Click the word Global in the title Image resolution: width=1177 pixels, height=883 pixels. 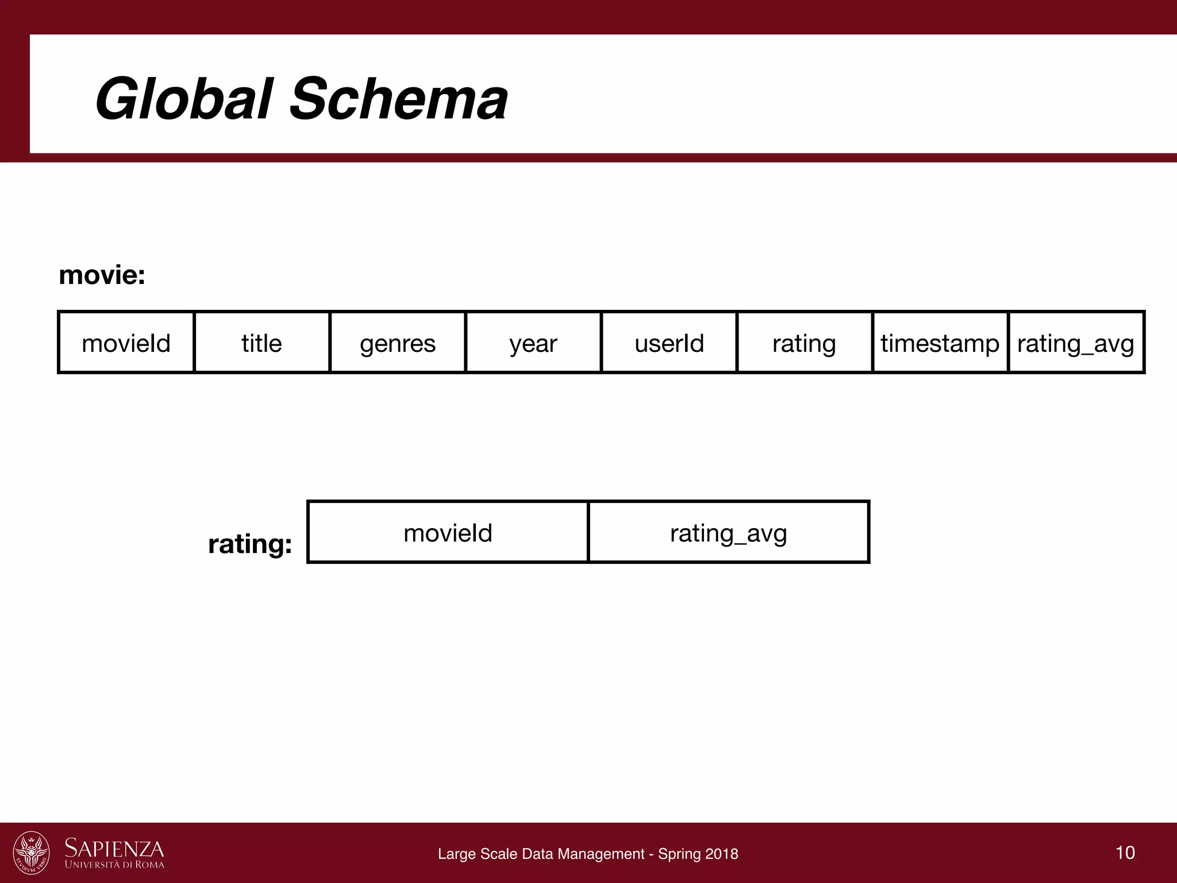click(182, 99)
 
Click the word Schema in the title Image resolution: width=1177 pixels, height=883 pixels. click(399, 99)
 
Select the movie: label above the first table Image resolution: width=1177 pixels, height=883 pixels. click(102, 275)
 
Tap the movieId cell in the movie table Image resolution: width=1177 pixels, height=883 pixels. click(126, 343)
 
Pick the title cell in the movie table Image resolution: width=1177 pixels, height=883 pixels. click(262, 343)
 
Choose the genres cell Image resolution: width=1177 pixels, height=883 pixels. click(398, 343)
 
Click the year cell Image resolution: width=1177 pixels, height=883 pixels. click(533, 343)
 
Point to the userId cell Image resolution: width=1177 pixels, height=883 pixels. click(669, 343)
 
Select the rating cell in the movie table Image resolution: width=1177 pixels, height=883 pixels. click(804, 343)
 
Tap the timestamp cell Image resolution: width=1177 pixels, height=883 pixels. click(940, 343)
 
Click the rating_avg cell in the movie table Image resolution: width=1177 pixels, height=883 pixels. click(1076, 343)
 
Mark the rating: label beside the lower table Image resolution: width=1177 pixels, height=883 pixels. click(250, 544)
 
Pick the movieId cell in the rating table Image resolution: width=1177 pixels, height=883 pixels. click(448, 533)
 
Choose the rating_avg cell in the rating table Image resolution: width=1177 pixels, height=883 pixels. click(728, 533)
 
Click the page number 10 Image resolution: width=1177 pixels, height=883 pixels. click(1125, 852)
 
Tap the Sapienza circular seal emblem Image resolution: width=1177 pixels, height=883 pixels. click(32, 853)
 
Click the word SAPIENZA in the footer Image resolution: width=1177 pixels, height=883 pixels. click(114, 848)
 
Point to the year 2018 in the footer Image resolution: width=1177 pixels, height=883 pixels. click(722, 854)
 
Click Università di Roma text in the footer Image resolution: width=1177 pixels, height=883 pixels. click(114, 865)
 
